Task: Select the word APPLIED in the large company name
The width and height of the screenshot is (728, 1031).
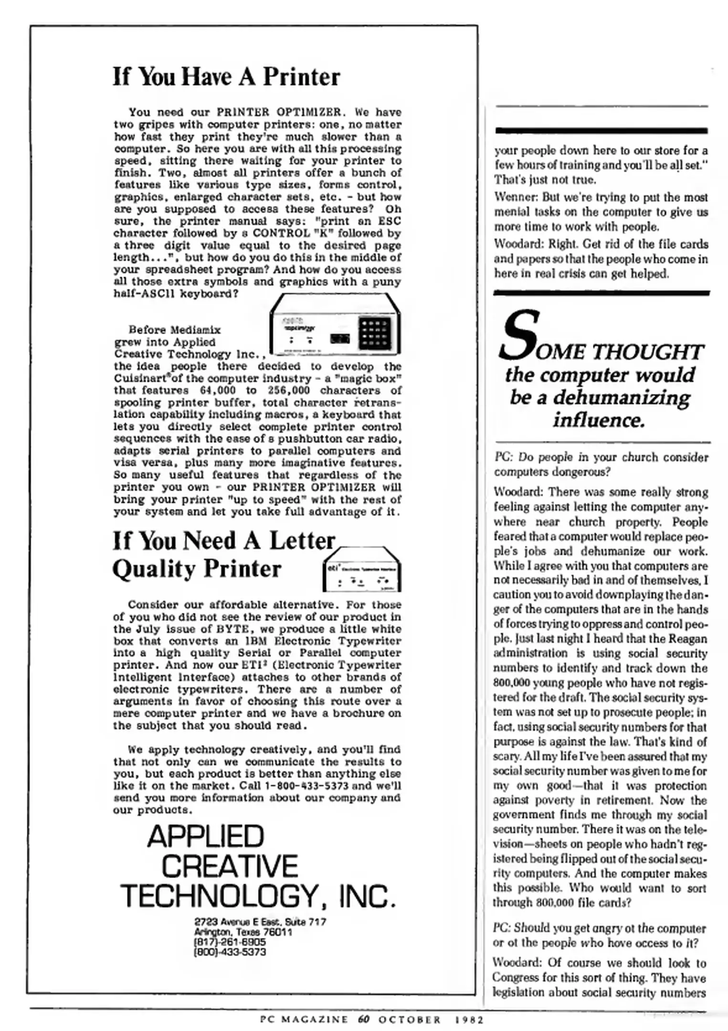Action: tap(205, 836)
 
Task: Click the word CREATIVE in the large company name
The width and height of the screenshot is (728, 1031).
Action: tap(230, 866)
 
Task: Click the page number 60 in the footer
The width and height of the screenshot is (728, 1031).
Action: tap(363, 1020)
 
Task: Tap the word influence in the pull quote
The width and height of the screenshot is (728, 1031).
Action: tap(599, 420)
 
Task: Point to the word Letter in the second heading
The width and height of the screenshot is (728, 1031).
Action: tap(302, 541)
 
